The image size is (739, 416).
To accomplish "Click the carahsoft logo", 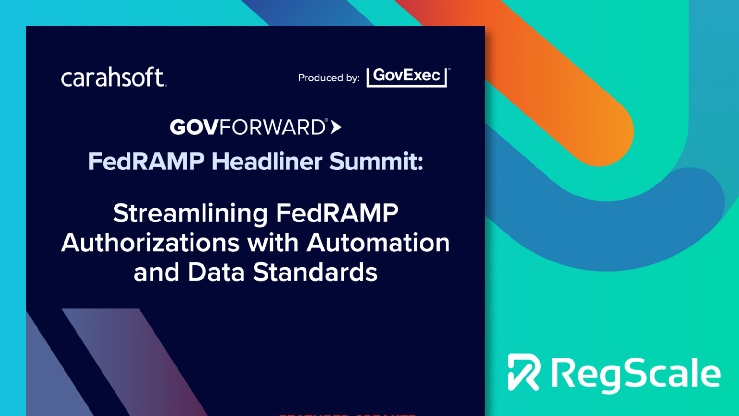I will point(114,78).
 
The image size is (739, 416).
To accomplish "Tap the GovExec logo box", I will point(407,77).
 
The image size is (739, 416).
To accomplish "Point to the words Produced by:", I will point(329,78).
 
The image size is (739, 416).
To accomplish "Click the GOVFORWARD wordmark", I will point(248,128).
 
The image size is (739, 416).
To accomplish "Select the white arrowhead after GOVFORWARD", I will point(336,127).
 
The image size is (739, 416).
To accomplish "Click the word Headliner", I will point(267,161).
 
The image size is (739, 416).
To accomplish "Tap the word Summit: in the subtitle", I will point(376,161).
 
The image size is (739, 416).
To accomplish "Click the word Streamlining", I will point(190,213).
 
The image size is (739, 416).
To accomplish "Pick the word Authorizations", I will point(150,243).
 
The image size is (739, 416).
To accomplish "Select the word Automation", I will point(378,243).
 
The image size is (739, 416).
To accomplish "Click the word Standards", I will point(315,272).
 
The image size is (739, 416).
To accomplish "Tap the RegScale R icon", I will point(524,372).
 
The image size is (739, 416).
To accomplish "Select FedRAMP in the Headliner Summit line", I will point(146,161).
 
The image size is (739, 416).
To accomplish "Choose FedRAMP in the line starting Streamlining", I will point(337,213).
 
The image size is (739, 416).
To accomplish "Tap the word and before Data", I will point(157,272).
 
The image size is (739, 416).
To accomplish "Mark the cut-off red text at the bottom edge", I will point(347,414).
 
